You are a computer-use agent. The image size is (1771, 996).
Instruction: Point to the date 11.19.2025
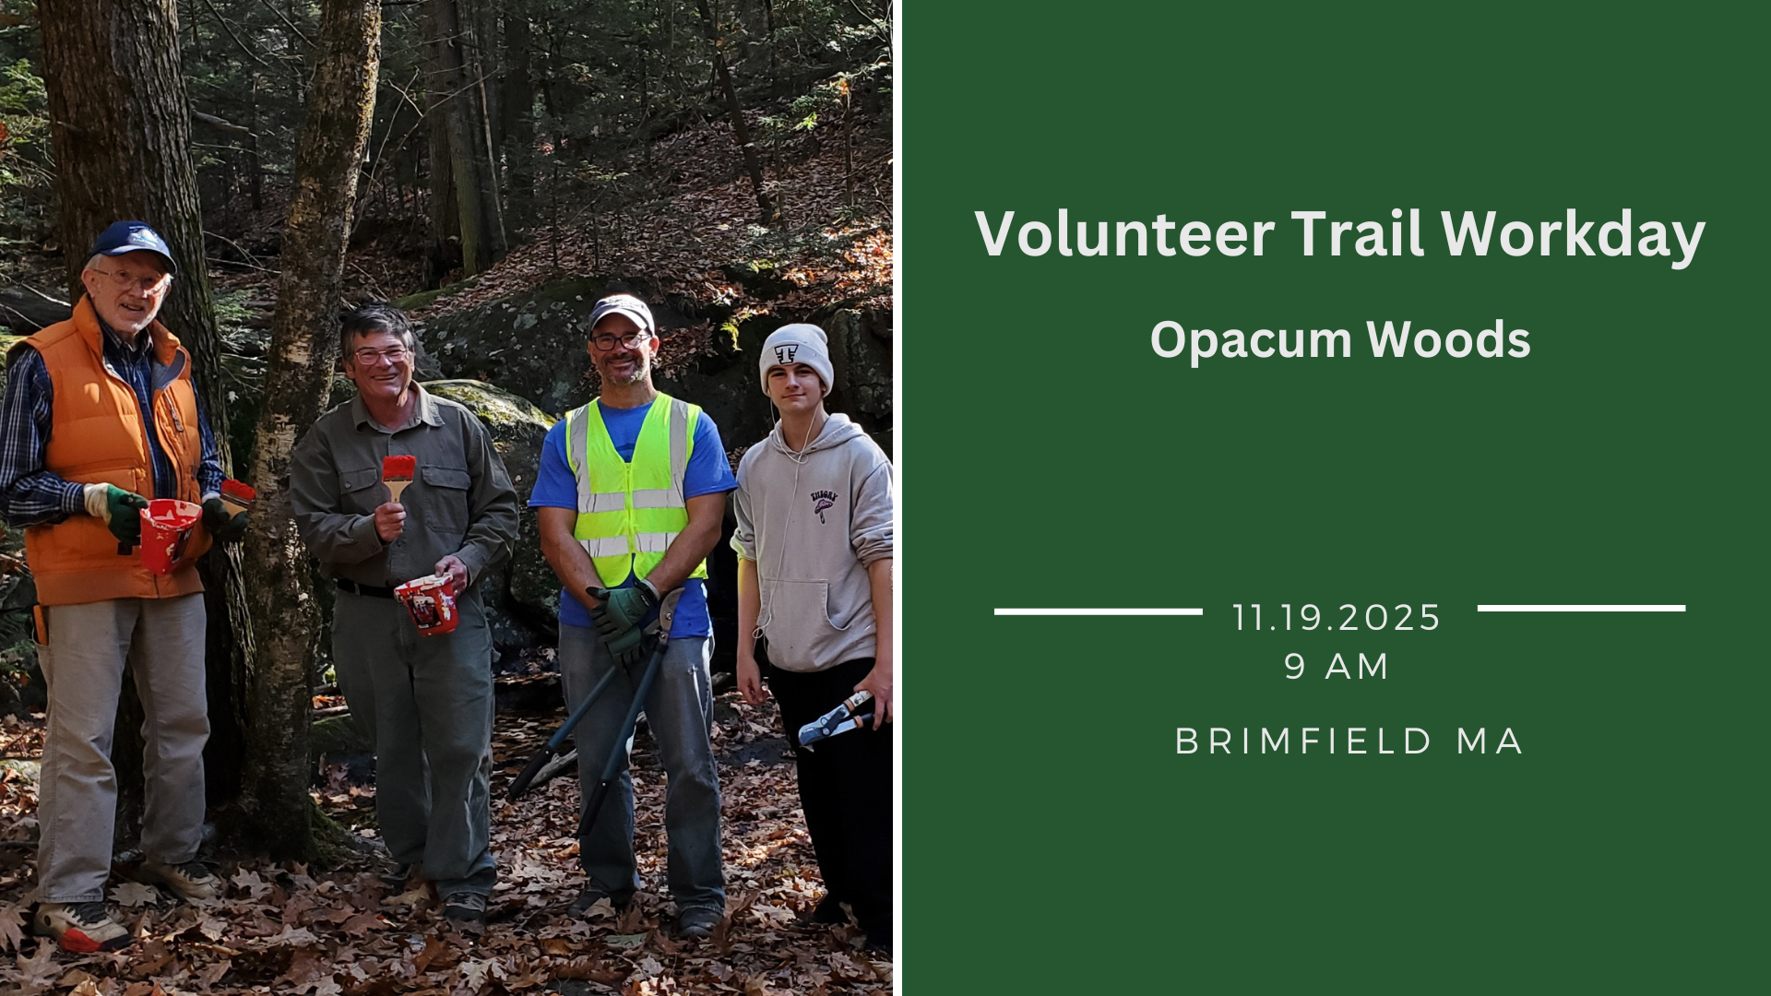[x=1336, y=618]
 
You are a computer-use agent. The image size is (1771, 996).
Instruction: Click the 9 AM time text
[x=1337, y=666]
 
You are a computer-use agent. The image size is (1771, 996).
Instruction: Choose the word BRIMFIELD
[x=1303, y=741]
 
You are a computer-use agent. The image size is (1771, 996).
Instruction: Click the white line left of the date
[x=1098, y=611]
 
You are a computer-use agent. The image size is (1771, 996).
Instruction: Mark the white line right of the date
[x=1581, y=609]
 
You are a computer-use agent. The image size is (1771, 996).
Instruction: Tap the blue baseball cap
[x=135, y=243]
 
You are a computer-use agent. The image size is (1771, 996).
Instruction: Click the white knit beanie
[x=796, y=354]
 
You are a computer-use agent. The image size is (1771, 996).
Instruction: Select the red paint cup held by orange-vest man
[x=169, y=534]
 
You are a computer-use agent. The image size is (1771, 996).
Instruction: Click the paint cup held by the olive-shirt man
[x=427, y=605]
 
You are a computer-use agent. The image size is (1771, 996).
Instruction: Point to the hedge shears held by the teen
[x=836, y=718]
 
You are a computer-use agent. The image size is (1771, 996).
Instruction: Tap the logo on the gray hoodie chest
[x=823, y=504]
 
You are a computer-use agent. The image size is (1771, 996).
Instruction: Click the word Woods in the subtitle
[x=1448, y=340]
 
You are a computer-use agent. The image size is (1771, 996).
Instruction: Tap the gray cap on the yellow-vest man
[x=621, y=314]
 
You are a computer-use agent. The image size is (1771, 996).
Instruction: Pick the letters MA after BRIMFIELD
[x=1489, y=741]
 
